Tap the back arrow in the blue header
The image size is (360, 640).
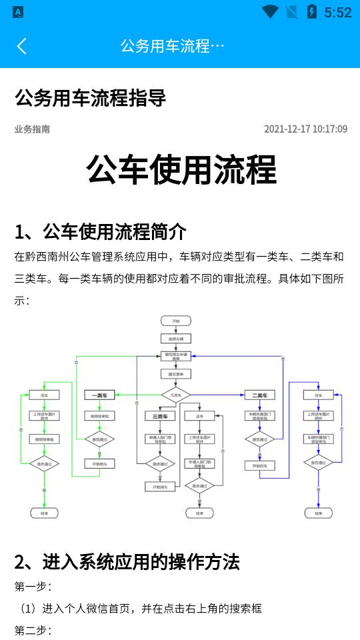pos(21,45)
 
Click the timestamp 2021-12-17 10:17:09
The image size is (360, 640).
pos(305,129)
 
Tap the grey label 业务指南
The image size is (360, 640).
pos(32,129)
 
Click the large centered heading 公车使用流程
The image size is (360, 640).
pos(181,170)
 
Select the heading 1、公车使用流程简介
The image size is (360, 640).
pos(101,232)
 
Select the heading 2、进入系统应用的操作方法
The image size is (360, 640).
pos(127,562)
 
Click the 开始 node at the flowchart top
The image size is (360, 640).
pos(176,321)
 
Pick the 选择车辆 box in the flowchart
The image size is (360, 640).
pos(176,339)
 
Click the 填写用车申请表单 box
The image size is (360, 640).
pos(176,356)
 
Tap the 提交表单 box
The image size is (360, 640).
pos(176,374)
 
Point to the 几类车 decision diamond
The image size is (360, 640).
pos(176,395)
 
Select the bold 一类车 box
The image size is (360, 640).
pos(99,395)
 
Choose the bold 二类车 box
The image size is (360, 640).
pos(259,395)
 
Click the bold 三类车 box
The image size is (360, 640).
pos(160,416)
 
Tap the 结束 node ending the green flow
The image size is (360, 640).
pos(45,513)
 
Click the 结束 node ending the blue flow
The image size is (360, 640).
pos(318,513)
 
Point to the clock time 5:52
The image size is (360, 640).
pos(337,12)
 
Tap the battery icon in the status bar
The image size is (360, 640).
pos(311,12)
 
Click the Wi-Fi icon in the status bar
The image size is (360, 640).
pos(270,12)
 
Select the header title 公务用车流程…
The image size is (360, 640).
pos(173,45)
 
